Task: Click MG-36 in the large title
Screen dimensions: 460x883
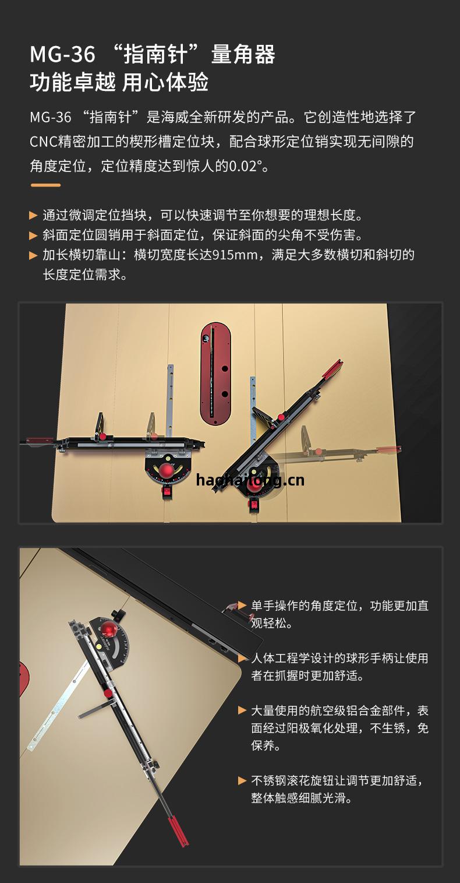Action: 63,54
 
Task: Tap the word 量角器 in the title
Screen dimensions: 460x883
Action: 243,54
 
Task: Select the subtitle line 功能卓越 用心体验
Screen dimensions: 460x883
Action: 119,83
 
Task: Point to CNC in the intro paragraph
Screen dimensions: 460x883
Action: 43,142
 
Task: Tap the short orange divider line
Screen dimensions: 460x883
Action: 45,185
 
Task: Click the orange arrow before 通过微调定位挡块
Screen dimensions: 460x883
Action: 33,216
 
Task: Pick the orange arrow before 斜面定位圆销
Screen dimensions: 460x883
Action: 33,235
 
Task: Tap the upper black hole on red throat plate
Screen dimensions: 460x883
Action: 225,369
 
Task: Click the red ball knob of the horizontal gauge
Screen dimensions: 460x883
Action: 167,470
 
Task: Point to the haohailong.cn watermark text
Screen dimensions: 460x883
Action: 250,480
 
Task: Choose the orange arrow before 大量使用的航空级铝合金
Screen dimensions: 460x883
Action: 242,710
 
